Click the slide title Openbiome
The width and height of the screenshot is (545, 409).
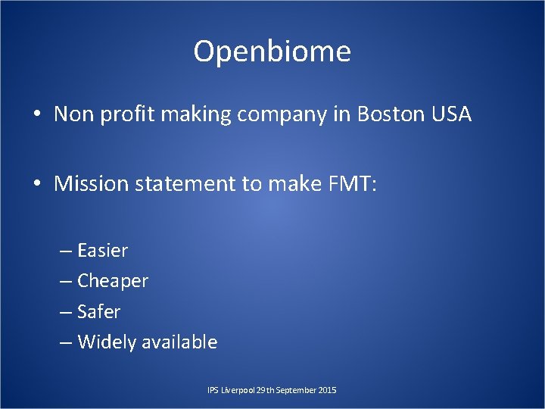[272, 52]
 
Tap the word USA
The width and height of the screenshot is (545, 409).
[452, 115]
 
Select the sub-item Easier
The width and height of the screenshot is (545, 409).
[103, 251]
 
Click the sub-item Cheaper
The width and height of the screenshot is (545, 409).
[113, 281]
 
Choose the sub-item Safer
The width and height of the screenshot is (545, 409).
[98, 311]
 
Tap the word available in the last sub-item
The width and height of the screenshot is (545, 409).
[179, 342]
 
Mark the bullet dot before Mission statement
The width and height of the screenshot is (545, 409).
[36, 184]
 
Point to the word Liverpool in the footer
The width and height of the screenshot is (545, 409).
[236, 390]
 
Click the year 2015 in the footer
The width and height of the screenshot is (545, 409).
[328, 390]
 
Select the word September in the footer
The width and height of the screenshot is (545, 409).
[297, 390]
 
